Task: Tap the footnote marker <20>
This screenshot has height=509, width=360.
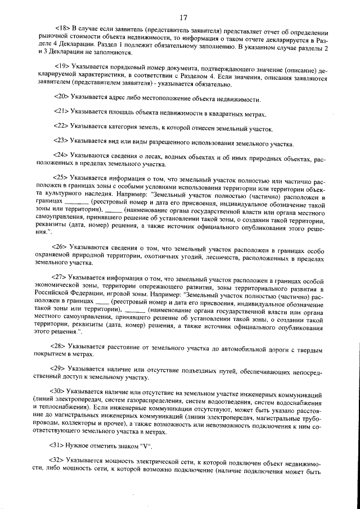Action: (62, 98)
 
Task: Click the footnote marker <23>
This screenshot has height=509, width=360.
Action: (62, 142)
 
